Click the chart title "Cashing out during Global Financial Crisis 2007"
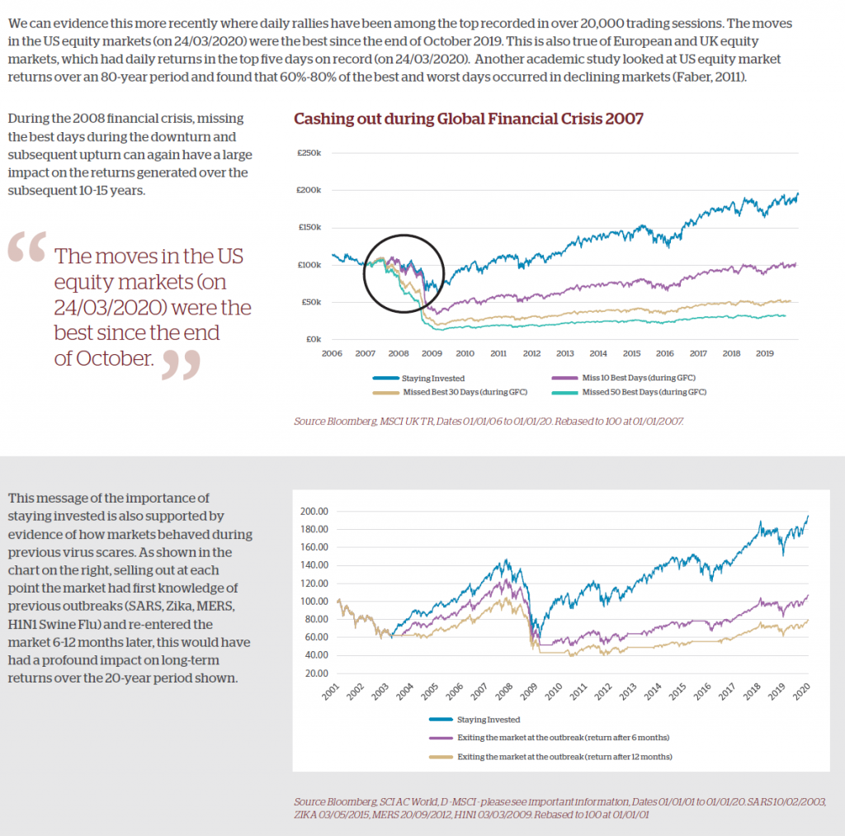tap(469, 119)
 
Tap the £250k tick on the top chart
tap(309, 154)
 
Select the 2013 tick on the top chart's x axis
tap(565, 352)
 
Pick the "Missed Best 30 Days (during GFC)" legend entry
tap(465, 391)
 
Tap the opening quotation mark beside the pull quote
tap(26, 248)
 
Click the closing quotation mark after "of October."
tap(181, 364)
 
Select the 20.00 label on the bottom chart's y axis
tap(319, 673)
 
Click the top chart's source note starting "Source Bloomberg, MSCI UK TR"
tap(489, 421)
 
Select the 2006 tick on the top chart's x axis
tap(332, 352)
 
